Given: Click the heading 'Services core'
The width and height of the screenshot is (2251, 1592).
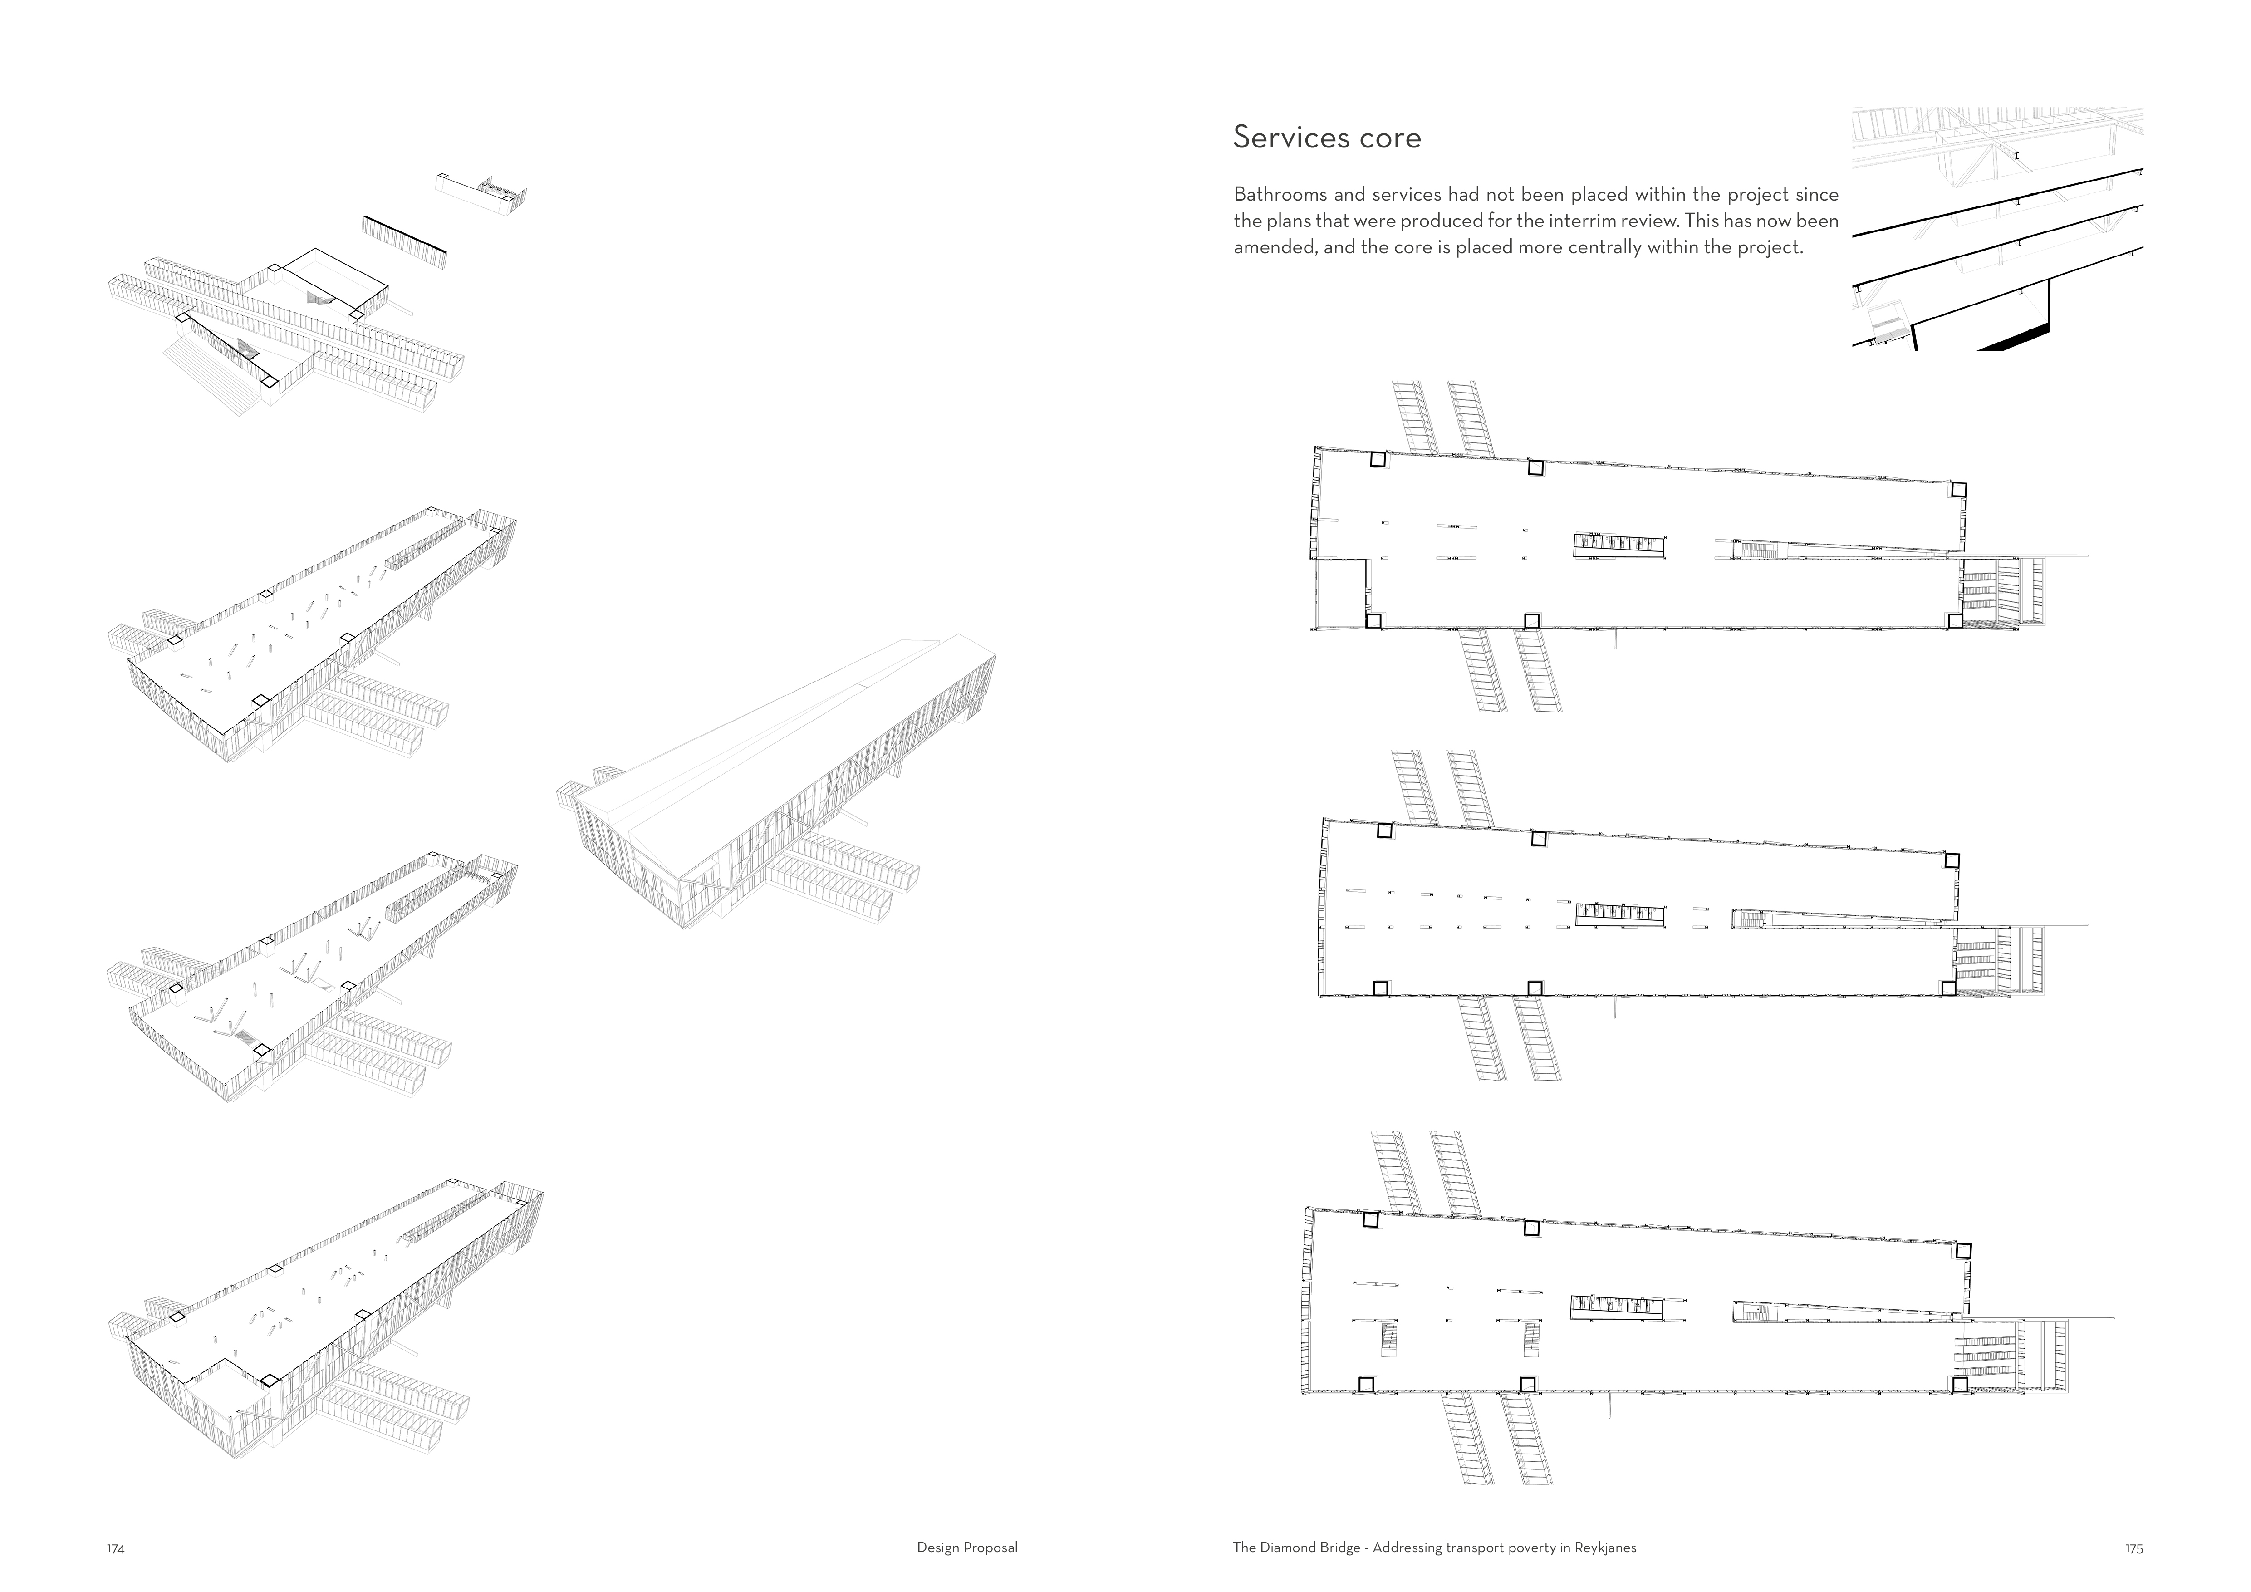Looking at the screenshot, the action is coord(1326,137).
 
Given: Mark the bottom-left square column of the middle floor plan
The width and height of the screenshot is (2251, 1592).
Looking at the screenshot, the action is coord(1380,988).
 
